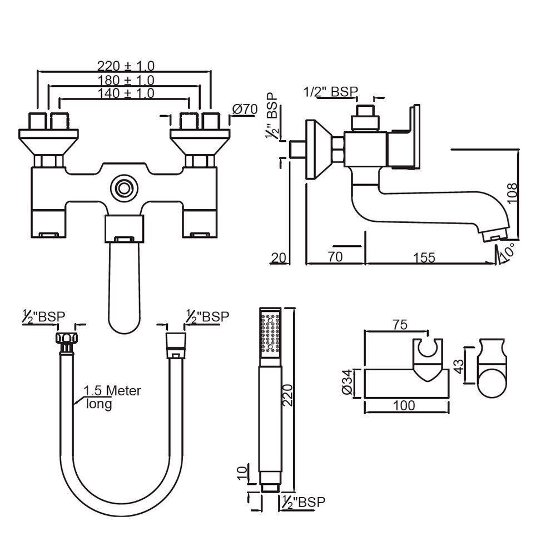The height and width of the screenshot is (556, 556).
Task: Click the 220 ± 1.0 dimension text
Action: (x=125, y=66)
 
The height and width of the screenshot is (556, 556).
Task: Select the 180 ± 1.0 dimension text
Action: (x=125, y=80)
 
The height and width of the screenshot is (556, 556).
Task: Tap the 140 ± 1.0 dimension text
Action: (x=125, y=93)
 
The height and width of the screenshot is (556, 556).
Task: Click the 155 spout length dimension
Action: (x=424, y=257)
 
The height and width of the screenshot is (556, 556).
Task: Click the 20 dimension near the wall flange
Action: (x=279, y=257)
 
